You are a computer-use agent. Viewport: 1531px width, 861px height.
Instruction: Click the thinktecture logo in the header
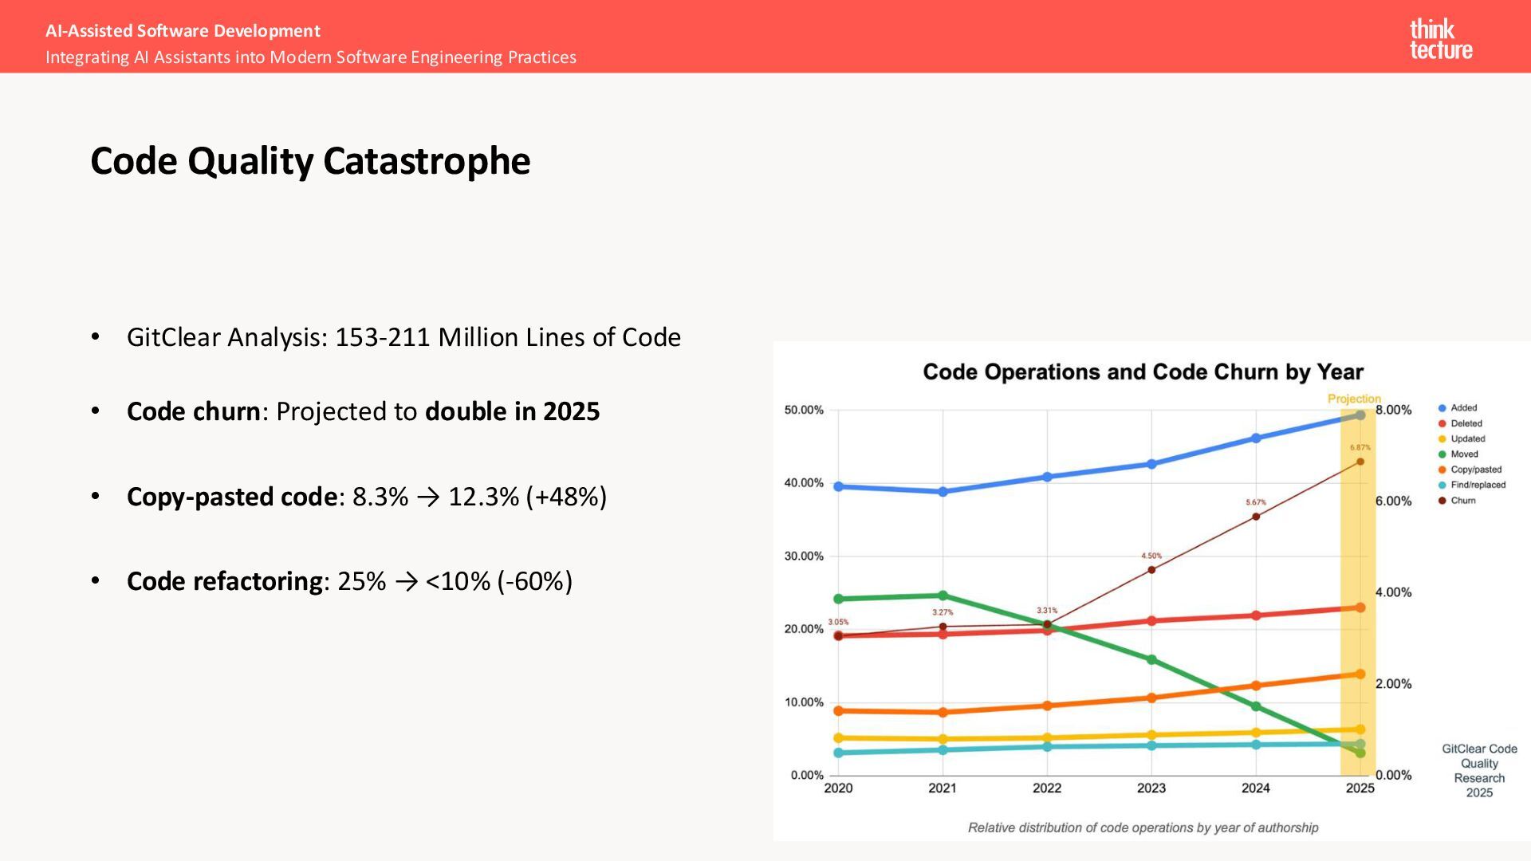point(1440,40)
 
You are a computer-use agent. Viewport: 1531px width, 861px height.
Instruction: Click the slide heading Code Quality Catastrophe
point(310,161)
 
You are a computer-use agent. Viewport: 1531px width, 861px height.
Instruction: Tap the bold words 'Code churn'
point(193,411)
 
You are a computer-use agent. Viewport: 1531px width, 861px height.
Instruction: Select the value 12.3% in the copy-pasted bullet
point(483,497)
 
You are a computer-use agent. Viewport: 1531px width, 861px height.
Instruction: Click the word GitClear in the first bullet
point(173,337)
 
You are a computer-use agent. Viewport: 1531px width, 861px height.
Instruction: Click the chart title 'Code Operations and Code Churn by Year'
point(1143,372)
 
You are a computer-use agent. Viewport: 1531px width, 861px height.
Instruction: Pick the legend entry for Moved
point(1463,454)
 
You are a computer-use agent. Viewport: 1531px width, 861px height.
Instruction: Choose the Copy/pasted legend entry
point(1474,470)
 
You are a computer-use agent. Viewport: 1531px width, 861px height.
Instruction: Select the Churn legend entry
point(1462,501)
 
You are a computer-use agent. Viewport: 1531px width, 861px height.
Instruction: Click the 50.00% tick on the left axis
point(804,411)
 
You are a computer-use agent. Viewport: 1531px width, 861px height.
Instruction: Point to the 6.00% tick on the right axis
point(1393,501)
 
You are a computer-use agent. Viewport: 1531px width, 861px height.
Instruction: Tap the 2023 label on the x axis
point(1151,788)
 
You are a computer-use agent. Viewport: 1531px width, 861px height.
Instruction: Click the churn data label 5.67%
point(1256,502)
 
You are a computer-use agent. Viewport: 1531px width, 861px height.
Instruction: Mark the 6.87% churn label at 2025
point(1360,448)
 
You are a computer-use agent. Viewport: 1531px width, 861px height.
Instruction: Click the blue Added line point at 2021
point(943,492)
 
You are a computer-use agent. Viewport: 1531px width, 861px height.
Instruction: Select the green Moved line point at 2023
point(1151,660)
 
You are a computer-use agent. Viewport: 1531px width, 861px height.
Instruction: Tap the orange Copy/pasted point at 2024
point(1256,686)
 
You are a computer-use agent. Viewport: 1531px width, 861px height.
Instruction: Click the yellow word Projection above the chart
point(1353,399)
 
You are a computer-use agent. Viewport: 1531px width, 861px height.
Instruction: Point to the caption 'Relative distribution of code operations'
point(1143,828)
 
